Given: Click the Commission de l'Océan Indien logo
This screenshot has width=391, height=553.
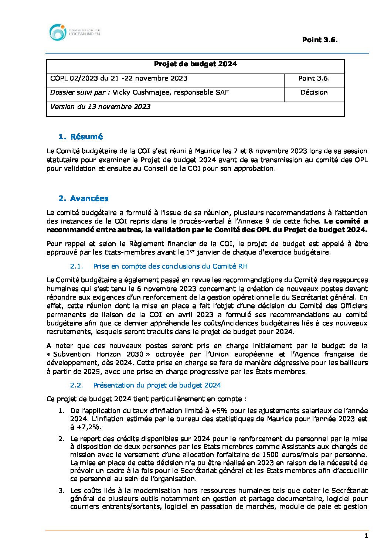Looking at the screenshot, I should (x=74, y=33).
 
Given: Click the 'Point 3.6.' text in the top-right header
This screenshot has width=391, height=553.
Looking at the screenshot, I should (x=320, y=40).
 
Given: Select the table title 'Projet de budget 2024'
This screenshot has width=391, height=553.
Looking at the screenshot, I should (x=195, y=64).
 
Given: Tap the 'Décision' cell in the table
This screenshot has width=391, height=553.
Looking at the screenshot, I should (x=314, y=92).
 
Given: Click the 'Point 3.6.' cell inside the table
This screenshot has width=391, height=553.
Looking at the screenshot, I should (x=314, y=78).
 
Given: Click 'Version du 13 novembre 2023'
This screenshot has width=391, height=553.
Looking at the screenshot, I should (x=100, y=107).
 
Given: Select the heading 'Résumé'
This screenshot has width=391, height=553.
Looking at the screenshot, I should (x=86, y=137).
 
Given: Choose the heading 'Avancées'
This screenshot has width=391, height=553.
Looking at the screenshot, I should (x=89, y=198).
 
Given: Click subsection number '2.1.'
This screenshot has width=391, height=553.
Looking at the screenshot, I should (x=76, y=266).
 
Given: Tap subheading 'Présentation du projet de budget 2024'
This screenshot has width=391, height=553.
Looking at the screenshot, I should (x=157, y=385).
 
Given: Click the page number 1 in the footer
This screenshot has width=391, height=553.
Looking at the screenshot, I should (x=366, y=536).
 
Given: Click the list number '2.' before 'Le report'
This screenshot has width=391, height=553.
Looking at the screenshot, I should (x=61, y=439).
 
